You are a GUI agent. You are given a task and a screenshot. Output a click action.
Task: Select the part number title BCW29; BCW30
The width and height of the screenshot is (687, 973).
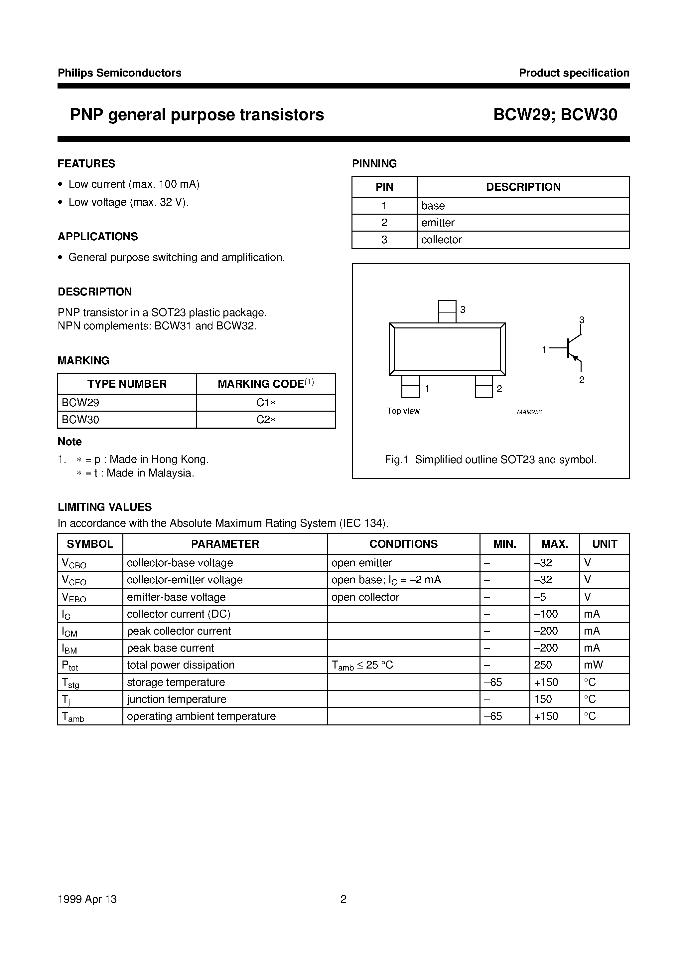[555, 115]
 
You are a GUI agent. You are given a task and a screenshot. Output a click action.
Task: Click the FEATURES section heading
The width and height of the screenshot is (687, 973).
[86, 164]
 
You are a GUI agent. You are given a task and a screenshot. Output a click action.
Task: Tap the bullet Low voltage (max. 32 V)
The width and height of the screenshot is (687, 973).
[128, 202]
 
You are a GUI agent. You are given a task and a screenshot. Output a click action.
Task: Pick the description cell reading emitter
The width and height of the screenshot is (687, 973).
[438, 223]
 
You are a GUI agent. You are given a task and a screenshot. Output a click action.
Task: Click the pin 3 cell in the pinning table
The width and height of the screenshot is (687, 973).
[384, 240]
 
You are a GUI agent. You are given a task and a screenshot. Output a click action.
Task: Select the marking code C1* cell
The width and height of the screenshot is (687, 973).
[266, 403]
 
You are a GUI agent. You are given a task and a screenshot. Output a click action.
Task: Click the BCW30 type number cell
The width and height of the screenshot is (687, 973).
[80, 420]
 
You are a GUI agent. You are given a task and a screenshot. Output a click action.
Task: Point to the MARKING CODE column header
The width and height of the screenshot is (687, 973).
[266, 384]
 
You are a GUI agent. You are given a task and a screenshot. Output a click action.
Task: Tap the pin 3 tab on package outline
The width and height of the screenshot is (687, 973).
[447, 311]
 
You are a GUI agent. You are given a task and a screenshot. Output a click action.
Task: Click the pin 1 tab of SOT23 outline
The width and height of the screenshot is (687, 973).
[410, 386]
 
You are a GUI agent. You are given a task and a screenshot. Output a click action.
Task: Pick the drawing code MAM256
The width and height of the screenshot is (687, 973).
[529, 412]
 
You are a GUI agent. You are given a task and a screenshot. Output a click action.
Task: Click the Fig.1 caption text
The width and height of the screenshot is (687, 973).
[490, 460]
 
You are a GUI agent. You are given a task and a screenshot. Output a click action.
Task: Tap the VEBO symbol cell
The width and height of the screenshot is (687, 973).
[74, 598]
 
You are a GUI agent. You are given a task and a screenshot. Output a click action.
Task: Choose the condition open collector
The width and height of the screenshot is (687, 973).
[365, 597]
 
